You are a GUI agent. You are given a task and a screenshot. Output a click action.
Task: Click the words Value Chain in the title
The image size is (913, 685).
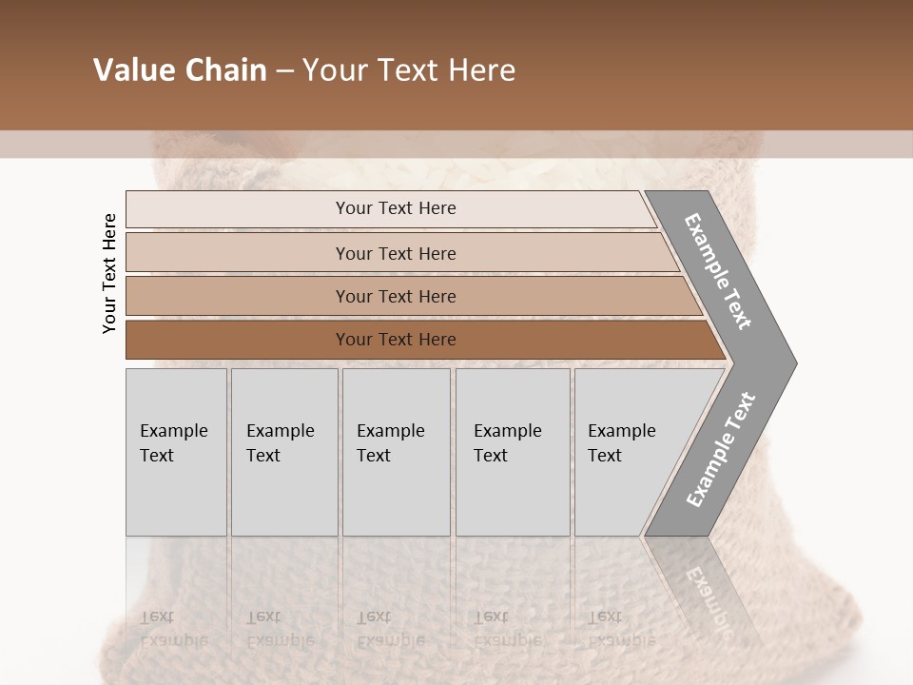[x=180, y=70]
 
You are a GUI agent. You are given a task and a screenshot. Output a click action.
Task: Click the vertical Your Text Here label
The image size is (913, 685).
[x=109, y=274]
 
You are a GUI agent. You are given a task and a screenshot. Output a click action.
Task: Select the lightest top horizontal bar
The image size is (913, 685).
[x=238, y=209]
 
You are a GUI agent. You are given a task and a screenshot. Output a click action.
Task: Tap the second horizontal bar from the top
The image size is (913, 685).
[x=238, y=253]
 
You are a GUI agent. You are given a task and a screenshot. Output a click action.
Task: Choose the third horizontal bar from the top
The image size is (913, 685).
[x=238, y=296]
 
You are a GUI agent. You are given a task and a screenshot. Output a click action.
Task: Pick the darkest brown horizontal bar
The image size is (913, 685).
[x=238, y=340]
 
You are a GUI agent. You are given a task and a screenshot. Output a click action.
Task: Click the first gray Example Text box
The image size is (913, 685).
[x=176, y=495]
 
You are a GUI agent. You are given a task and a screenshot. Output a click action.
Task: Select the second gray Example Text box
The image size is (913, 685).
[x=284, y=495]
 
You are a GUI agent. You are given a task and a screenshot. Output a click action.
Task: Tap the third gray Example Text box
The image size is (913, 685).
[x=396, y=495]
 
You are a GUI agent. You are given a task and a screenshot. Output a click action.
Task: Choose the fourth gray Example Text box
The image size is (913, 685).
[x=513, y=495]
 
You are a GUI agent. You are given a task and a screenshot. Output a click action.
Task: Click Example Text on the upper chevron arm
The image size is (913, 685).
[x=718, y=271]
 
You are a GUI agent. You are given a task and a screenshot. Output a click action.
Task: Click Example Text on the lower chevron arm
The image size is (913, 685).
[x=720, y=450]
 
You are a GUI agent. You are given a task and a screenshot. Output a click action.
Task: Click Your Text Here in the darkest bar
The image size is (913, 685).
[x=396, y=340]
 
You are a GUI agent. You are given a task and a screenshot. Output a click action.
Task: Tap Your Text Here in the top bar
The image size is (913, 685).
[x=396, y=208]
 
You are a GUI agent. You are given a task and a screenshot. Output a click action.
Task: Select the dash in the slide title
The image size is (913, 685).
[x=284, y=70]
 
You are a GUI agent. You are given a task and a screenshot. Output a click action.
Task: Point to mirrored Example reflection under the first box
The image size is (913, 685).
[x=173, y=639]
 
